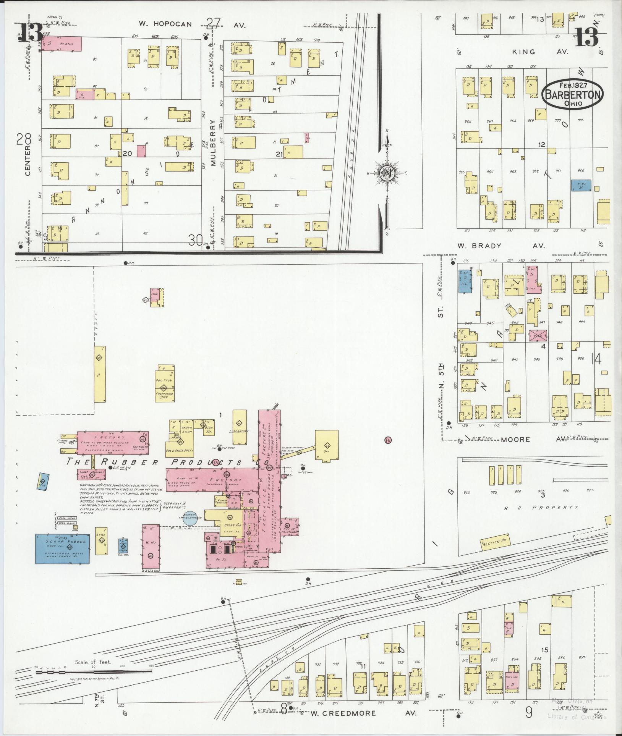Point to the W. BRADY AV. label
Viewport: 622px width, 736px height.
click(x=502, y=246)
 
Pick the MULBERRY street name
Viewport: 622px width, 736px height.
click(x=213, y=143)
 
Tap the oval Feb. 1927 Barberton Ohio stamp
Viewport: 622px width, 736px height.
click(x=572, y=94)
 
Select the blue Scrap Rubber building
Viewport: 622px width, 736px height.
click(x=63, y=548)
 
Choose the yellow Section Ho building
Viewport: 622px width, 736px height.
click(x=494, y=542)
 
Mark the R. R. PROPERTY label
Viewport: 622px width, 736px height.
click(x=541, y=507)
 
